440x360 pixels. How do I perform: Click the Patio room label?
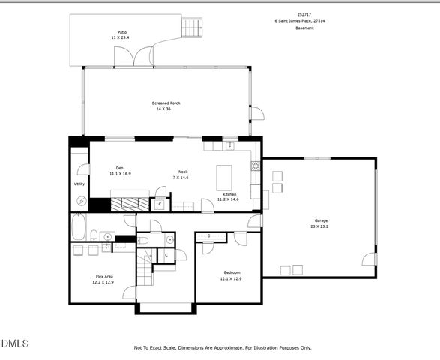(121, 32)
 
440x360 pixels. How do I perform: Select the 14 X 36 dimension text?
(163, 109)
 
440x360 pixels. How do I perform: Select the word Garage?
(320, 220)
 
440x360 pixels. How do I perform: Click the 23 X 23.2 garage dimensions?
(320, 226)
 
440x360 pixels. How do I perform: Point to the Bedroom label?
(231, 272)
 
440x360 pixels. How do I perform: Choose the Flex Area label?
(103, 276)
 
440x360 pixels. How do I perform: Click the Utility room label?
(79, 184)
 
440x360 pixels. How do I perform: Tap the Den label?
(119, 167)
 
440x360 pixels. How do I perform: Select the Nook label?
(182, 172)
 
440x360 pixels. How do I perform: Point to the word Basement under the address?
(304, 28)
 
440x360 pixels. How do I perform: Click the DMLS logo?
(15, 343)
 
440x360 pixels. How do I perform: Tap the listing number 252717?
(304, 14)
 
